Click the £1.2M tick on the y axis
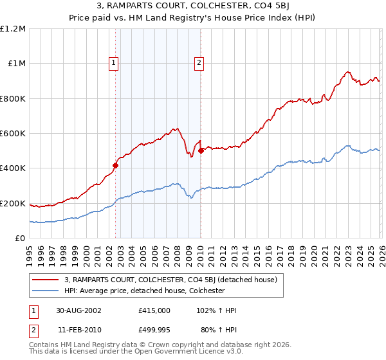coord(13,29)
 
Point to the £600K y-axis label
coord(13,134)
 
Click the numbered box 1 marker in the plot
coord(114,63)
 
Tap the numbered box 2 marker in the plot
coord(199,63)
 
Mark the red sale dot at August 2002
coord(116,165)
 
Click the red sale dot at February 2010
coord(201,150)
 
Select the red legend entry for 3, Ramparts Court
coord(170,280)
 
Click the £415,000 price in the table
coord(154,310)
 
